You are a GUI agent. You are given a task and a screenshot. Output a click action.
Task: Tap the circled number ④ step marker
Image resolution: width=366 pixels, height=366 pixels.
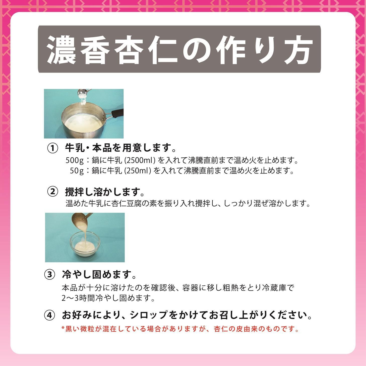(49, 315)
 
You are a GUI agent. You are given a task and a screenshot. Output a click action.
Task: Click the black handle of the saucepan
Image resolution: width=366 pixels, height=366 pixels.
(117, 113)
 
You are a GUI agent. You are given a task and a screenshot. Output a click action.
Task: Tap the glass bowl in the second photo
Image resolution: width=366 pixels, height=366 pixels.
(85, 244)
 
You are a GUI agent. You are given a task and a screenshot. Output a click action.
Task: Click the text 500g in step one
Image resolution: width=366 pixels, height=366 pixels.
(75, 161)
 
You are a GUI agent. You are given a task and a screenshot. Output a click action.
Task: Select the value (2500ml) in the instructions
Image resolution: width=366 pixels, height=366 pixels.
(140, 161)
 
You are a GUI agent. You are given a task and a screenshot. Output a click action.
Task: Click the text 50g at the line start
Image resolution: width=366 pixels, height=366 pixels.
(77, 171)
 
